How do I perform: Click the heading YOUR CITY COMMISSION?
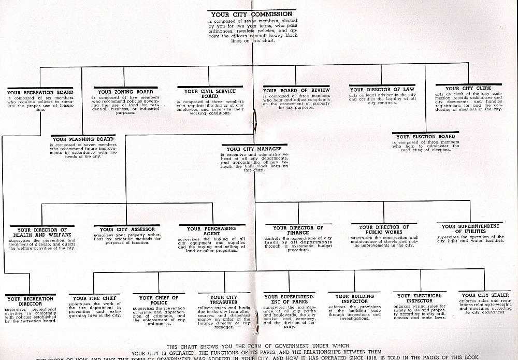252,14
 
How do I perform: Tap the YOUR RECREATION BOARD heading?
40,92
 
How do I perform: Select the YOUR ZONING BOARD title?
123,92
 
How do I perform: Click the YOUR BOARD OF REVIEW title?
296,91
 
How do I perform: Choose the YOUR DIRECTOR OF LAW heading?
382,89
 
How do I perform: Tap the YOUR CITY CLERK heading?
468,88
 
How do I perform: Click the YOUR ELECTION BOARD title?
426,137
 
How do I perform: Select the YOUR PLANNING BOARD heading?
83,139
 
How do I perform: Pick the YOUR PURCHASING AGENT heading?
211,231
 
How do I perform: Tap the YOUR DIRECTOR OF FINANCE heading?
298,231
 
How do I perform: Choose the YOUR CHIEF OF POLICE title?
159,300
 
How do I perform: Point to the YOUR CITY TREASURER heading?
224,300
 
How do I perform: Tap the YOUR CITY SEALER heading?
482,295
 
